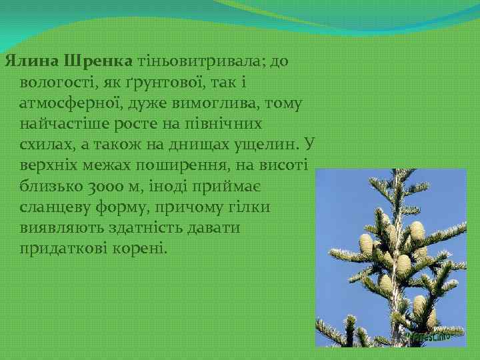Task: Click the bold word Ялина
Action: (32, 62)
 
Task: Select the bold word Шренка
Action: (99, 62)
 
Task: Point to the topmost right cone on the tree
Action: (417, 232)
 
